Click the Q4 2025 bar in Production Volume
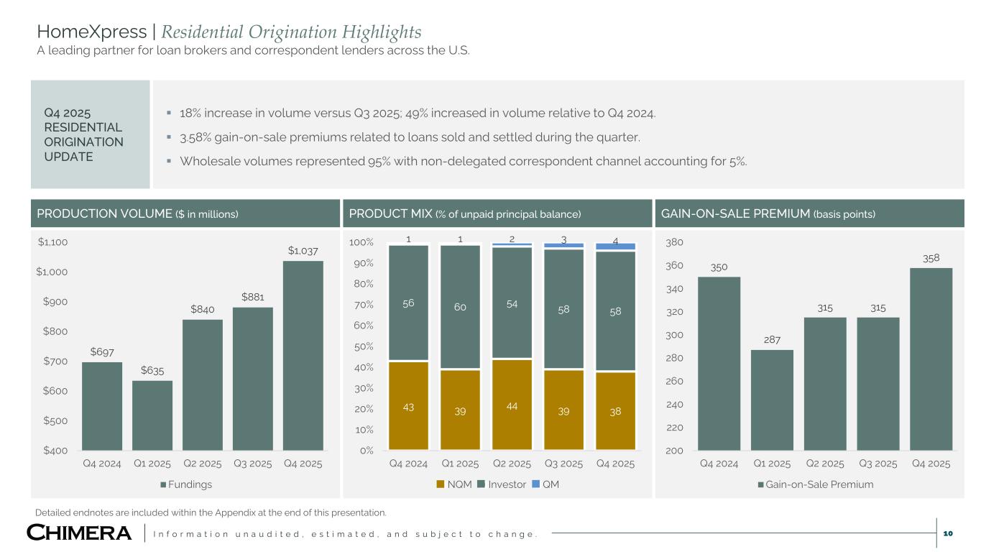[303, 355]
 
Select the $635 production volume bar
[152, 415]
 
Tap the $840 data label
[202, 310]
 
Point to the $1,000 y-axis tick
[53, 272]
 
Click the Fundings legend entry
[186, 484]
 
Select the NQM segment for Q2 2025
[512, 404]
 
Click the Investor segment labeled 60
[460, 308]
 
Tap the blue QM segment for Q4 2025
[615, 247]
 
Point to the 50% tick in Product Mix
[361, 346]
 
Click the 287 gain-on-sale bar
[772, 400]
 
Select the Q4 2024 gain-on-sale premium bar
[719, 363]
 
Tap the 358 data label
[931, 258]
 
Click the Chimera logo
[80, 533]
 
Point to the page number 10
[947, 533]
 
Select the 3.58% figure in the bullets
[195, 137]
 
